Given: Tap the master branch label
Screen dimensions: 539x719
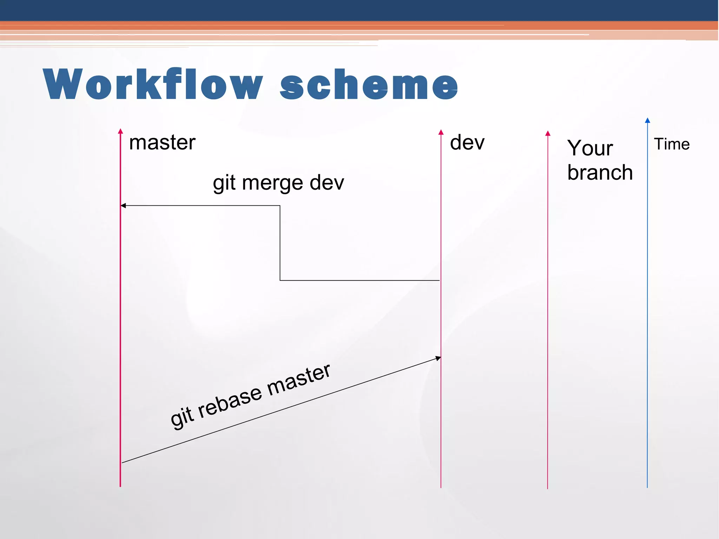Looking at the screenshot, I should pyautogui.click(x=162, y=143).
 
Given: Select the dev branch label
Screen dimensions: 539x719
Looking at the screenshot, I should pyautogui.click(x=467, y=143).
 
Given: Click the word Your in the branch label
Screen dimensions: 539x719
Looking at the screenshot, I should pyautogui.click(x=590, y=148).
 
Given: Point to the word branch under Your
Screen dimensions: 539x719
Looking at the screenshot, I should pyautogui.click(x=600, y=173).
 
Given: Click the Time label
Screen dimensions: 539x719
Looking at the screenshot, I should pyautogui.click(x=671, y=144).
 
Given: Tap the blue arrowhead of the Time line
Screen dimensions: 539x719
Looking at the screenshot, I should pyautogui.click(x=647, y=120).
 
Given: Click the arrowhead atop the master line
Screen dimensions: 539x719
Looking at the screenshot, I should pyautogui.click(x=120, y=131).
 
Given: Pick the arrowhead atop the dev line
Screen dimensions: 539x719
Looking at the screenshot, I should pyautogui.click(x=441, y=132).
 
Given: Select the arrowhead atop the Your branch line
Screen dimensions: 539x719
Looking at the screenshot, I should pyautogui.click(x=548, y=133).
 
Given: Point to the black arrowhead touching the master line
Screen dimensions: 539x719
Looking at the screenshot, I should pyautogui.click(x=123, y=205).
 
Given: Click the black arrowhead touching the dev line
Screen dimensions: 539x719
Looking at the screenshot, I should pyautogui.click(x=438, y=358).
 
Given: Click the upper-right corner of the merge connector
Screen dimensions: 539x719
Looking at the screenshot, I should pyautogui.click(x=280, y=206).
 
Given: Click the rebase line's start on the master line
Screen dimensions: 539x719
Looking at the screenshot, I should pyautogui.click(x=122, y=462).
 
